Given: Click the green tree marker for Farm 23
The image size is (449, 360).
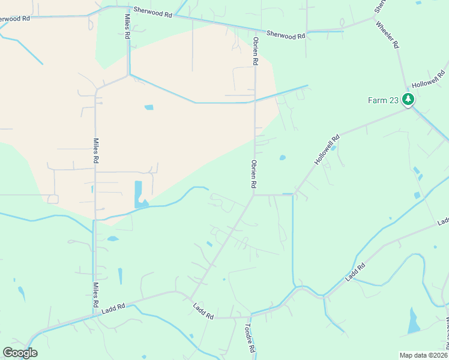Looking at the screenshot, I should [408, 99].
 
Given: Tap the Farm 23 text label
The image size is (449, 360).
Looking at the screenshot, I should [383, 100].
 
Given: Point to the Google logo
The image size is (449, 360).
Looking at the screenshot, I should [20, 353].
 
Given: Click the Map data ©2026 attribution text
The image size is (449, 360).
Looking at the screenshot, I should [423, 355].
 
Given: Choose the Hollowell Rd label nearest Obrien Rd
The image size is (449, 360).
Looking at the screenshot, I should [327, 150].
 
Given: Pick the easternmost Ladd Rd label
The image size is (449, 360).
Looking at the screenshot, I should [443, 222].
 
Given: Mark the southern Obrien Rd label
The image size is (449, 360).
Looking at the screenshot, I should [255, 174].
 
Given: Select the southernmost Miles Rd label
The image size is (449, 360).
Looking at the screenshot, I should [95, 295].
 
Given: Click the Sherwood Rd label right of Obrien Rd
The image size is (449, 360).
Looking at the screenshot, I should [286, 35].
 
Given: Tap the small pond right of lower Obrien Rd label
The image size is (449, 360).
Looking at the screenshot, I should [282, 158].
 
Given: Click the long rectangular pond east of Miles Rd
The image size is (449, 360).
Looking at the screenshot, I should [139, 192].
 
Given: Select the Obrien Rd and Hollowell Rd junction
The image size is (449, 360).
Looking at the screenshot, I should [254, 194].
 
